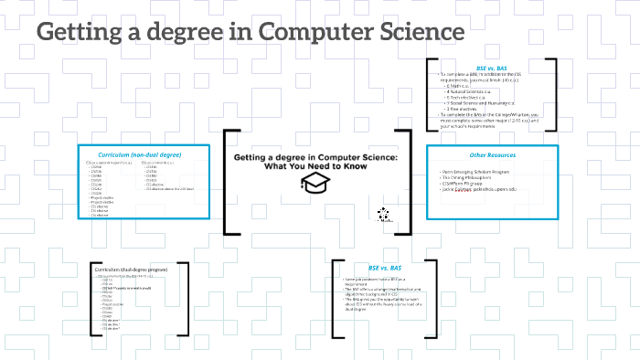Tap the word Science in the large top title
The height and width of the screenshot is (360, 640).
(x=417, y=33)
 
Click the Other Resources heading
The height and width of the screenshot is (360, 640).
(x=491, y=155)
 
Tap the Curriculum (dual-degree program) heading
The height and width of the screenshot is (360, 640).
(x=135, y=270)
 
